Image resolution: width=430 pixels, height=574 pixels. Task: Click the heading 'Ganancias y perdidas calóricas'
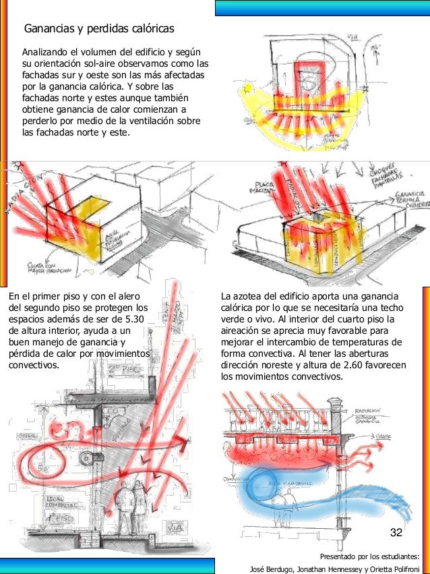pyautogui.click(x=99, y=29)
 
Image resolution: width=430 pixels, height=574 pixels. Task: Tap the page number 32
pyautogui.click(x=396, y=534)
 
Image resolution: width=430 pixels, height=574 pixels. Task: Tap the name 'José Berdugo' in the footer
pyautogui.click(x=274, y=568)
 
